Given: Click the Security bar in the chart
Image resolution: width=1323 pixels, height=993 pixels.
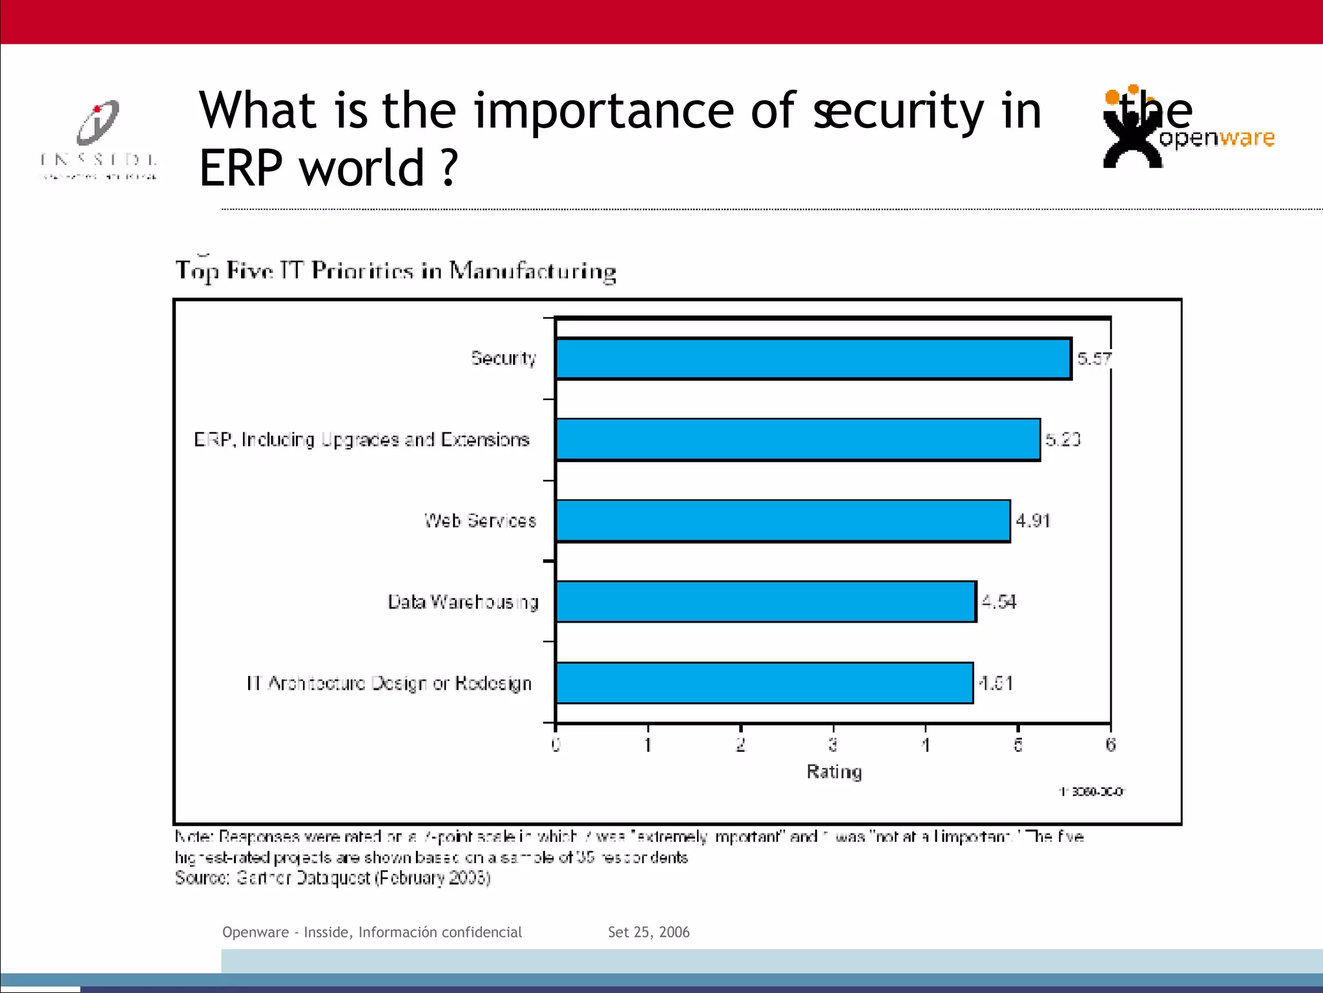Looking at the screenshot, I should point(813,359).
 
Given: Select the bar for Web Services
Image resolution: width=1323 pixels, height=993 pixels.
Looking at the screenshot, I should point(782,520).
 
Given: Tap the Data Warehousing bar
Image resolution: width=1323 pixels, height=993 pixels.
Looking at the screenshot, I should point(766,602).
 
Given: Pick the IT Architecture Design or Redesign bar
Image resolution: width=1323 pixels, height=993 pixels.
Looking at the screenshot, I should point(764,683).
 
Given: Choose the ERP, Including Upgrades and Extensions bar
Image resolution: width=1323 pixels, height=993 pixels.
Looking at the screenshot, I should point(797,440).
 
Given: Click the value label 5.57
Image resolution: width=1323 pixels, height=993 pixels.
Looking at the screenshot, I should point(1094,359).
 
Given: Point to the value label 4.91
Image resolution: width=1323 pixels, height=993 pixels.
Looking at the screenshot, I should point(1033,520).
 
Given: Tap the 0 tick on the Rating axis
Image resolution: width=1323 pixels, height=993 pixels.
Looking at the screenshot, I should point(556,745).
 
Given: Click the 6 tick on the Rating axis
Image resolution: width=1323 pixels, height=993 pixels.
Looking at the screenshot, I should point(1110,745).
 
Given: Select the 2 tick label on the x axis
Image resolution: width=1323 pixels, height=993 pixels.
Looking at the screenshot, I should point(740,745).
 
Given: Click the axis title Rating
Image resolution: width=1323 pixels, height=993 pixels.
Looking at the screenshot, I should point(834,772).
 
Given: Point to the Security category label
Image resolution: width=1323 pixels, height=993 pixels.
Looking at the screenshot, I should point(503,358).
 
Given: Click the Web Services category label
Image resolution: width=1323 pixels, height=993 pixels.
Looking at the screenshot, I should point(480,520).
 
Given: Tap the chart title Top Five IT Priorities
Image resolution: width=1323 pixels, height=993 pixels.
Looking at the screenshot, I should point(395,271).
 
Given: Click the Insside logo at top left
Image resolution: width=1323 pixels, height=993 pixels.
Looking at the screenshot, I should point(98,139).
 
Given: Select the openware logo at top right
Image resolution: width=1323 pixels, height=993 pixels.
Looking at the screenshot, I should point(1187,127).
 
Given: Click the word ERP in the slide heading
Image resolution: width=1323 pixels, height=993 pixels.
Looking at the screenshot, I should point(240,168).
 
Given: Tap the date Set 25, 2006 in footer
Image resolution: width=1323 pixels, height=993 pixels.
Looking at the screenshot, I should point(649,932).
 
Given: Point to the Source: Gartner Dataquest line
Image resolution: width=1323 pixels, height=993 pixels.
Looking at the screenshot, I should point(333,878).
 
